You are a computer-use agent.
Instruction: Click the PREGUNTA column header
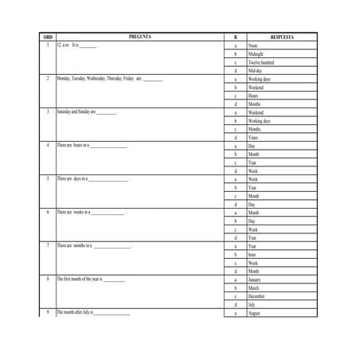pos(139,37)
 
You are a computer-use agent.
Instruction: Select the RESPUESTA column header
pos(283,37)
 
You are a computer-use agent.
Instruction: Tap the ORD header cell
pos(48,37)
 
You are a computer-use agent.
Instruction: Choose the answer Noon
pos(253,46)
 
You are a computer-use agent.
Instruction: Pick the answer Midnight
pos(256,54)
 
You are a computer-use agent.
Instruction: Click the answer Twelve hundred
pos(261,62)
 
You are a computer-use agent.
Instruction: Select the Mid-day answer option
pos(256,71)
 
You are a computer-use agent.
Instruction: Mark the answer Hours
pos(253,96)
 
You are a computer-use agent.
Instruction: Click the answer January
pos(255,280)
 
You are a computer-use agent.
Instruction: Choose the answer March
pos(254,288)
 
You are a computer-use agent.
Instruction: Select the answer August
pos(255,314)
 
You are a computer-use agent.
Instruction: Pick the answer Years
pos(253,138)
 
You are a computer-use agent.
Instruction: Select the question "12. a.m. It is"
pos(76,46)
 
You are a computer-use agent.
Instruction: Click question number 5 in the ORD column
pos(48,179)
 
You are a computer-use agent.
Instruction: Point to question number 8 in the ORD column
pos(48,280)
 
